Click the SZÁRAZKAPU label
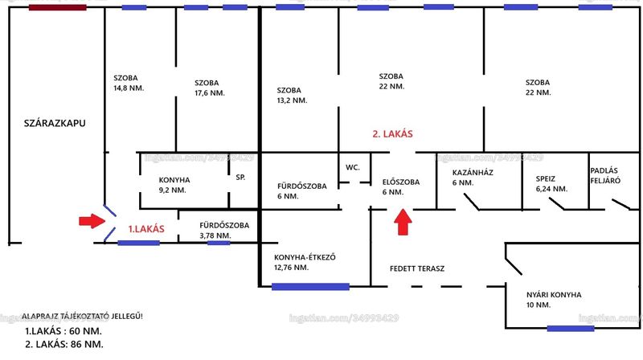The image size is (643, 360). [x=55, y=123]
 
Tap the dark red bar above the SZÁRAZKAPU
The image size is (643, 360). [x=57, y=7]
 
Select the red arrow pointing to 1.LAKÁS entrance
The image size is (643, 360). [x=92, y=221]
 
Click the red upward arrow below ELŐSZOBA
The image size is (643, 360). [x=403, y=222]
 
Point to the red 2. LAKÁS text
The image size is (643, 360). [x=392, y=133]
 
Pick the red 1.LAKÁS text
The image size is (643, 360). [x=146, y=229]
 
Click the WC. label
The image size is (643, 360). [x=352, y=167]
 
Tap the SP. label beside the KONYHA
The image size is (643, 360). [x=240, y=177]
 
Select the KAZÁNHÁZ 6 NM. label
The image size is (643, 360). [x=473, y=178]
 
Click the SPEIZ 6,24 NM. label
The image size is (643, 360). [x=551, y=184]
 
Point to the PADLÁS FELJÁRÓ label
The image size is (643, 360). [x=605, y=175]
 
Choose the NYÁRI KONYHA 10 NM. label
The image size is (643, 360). [x=554, y=300]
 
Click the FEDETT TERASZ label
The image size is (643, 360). [x=417, y=268]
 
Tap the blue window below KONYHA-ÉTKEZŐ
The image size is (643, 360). [x=310, y=287]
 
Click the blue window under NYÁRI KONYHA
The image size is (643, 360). [x=571, y=329]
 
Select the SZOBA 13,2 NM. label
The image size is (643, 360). [x=292, y=95]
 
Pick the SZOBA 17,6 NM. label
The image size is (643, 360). [x=210, y=88]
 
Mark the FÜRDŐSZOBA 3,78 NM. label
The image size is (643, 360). [x=224, y=230]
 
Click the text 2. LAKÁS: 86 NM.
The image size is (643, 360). [x=64, y=344]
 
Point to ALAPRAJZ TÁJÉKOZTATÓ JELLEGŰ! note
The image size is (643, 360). [x=82, y=316]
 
